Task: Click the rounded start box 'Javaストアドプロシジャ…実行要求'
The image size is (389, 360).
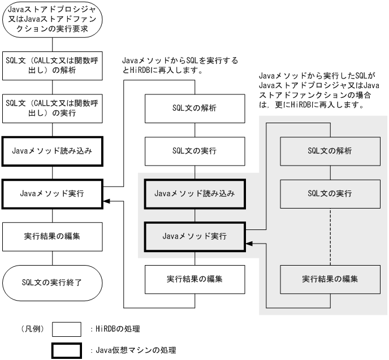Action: (x=52, y=20)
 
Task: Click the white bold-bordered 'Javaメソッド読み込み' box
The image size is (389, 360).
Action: (x=52, y=151)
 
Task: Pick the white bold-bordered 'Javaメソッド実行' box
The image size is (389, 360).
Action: (x=52, y=194)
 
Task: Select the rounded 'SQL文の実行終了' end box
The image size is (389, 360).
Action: (x=52, y=280)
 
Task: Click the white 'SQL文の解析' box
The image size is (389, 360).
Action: (x=195, y=109)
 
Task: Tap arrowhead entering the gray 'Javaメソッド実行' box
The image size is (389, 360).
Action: (x=249, y=242)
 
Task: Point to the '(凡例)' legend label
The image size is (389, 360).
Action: (x=34, y=328)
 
